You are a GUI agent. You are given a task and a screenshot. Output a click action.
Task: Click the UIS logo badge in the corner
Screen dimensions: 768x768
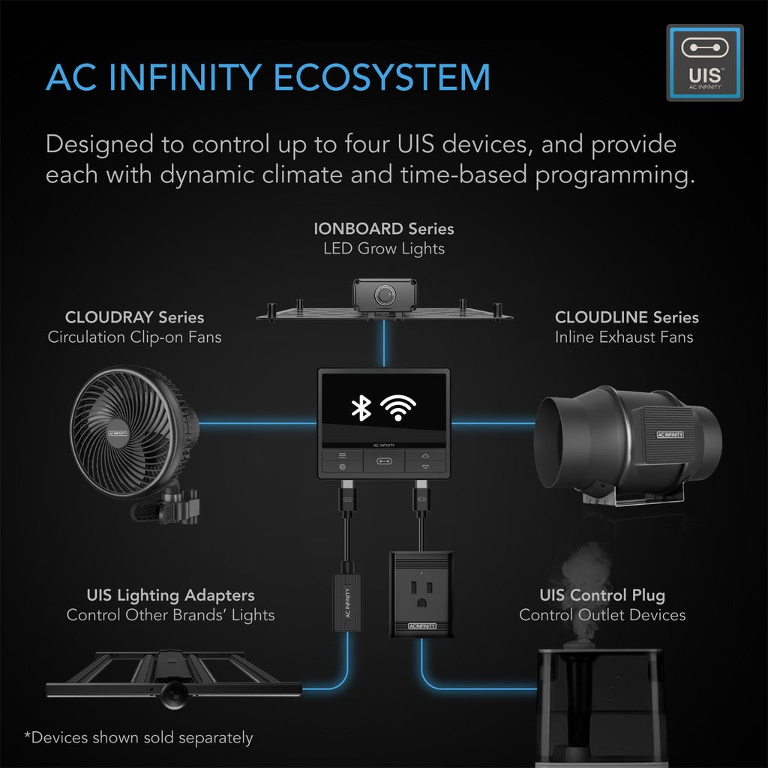tap(704, 63)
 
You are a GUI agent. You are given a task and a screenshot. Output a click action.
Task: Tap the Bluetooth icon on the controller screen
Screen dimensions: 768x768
tap(361, 407)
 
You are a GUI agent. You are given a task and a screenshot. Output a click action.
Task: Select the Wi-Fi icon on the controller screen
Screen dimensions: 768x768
tap(397, 407)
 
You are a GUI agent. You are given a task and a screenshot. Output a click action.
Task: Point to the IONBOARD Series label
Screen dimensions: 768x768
tap(383, 228)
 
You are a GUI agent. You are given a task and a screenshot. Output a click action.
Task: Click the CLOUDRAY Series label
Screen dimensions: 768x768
tap(134, 317)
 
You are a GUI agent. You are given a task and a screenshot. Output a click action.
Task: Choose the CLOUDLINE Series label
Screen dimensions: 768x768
tap(626, 317)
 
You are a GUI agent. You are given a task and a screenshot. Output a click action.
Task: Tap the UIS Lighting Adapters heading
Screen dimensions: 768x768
tap(170, 595)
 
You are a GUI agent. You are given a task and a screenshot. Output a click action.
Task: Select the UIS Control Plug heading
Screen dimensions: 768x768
tap(601, 595)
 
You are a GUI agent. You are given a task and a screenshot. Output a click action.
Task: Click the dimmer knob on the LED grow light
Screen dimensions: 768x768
tap(385, 295)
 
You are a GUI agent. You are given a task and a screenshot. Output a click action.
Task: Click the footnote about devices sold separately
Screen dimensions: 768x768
tap(138, 738)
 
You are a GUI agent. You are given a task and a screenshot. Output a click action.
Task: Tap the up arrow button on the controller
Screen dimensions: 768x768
tap(425, 454)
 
